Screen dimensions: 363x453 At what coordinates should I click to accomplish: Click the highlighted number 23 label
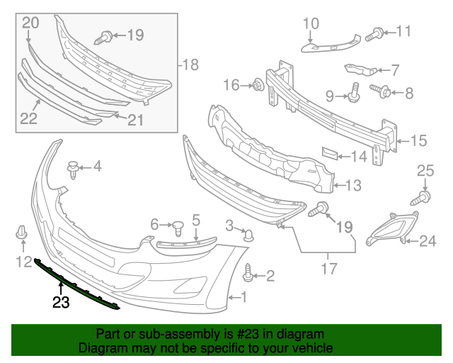click(x=62, y=303)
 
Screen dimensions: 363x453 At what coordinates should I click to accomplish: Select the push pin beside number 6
click(x=178, y=228)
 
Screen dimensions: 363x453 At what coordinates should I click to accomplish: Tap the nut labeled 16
click(x=258, y=86)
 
